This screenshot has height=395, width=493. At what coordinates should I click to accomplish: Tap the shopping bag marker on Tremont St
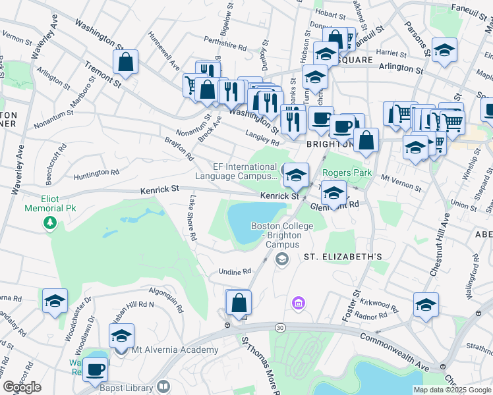(125, 63)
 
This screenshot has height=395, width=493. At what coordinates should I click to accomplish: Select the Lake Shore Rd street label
(192, 217)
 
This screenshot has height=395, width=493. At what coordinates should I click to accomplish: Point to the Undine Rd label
(235, 271)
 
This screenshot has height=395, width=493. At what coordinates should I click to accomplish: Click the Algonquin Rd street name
(165, 294)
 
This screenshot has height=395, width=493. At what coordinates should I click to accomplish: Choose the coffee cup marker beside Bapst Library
(95, 371)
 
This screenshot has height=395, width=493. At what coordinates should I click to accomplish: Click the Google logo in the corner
(22, 387)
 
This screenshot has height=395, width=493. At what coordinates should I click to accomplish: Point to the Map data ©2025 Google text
(451, 390)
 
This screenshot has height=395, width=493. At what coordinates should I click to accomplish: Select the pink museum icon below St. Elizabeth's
(299, 303)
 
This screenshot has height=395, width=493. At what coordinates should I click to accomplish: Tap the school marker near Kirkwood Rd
(426, 305)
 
